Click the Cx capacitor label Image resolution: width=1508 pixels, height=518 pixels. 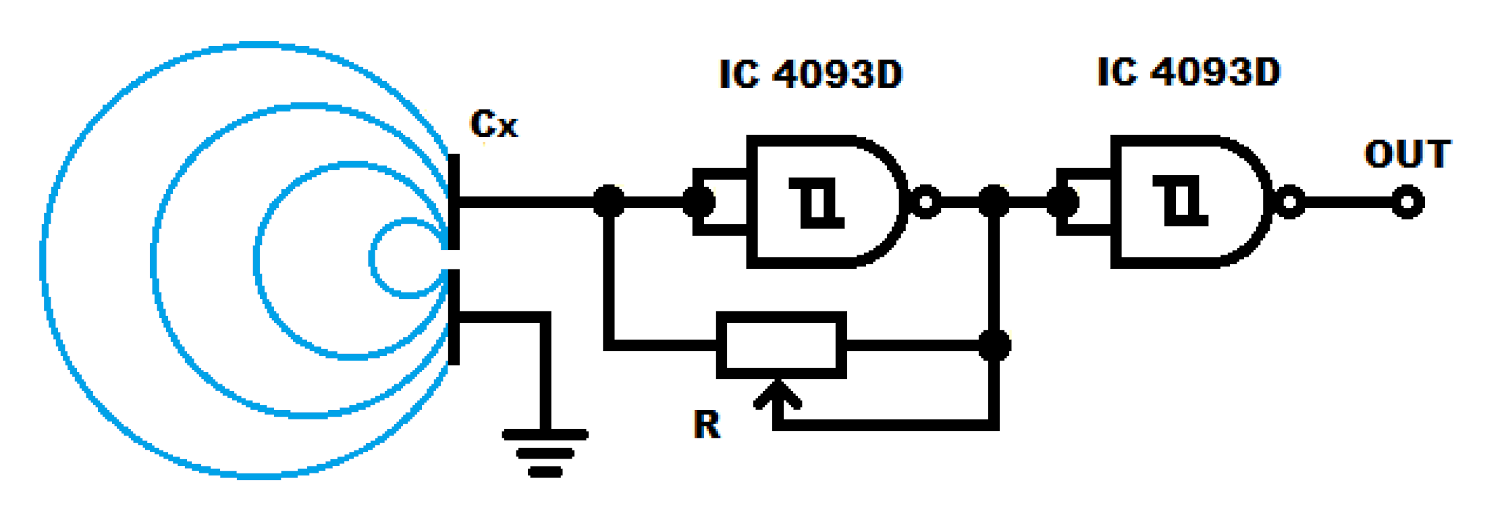pyautogui.click(x=493, y=124)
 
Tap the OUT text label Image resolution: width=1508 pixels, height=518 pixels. pyautogui.click(x=1407, y=154)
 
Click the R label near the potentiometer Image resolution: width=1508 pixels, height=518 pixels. pyautogui.click(x=707, y=425)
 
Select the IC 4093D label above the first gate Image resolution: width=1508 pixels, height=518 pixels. pyautogui.click(x=810, y=74)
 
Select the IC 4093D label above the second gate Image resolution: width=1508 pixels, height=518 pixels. pyautogui.click(x=1188, y=72)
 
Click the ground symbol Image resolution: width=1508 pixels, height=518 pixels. pyautogui.click(x=545, y=452)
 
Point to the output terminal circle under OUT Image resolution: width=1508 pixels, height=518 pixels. pyautogui.click(x=1408, y=202)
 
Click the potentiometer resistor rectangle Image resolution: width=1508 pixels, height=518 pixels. pyautogui.click(x=782, y=345)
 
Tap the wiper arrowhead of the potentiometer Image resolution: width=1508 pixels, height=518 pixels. pyautogui.click(x=778, y=394)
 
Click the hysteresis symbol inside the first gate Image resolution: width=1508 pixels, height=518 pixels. pyautogui.click(x=817, y=202)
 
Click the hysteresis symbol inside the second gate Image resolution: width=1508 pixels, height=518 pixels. pyautogui.click(x=1181, y=201)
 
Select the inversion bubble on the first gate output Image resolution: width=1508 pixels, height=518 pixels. pyautogui.click(x=926, y=202)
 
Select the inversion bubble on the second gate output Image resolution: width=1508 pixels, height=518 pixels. pyautogui.click(x=1290, y=202)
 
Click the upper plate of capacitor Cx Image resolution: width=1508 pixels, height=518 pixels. pyautogui.click(x=454, y=201)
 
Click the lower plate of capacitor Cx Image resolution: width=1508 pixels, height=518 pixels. pyautogui.click(x=454, y=316)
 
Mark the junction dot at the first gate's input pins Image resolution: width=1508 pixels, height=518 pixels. pyautogui.click(x=699, y=201)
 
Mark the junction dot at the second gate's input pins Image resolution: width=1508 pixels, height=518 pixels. pyautogui.click(x=1062, y=201)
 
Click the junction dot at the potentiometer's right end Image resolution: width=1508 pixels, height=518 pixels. pyautogui.click(x=994, y=345)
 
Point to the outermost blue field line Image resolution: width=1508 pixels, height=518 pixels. pyautogui.click(x=43, y=260)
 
